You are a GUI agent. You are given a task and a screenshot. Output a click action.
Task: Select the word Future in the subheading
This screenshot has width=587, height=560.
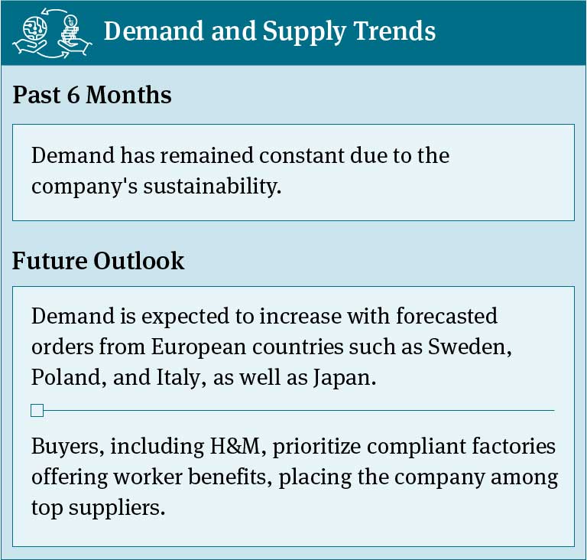point(49,260)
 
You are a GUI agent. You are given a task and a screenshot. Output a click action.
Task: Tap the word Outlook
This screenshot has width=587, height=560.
point(139,260)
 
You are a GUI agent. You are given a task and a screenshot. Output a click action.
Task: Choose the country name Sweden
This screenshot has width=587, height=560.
point(469,347)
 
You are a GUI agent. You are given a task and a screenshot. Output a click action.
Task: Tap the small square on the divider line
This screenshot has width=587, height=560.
point(37,411)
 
